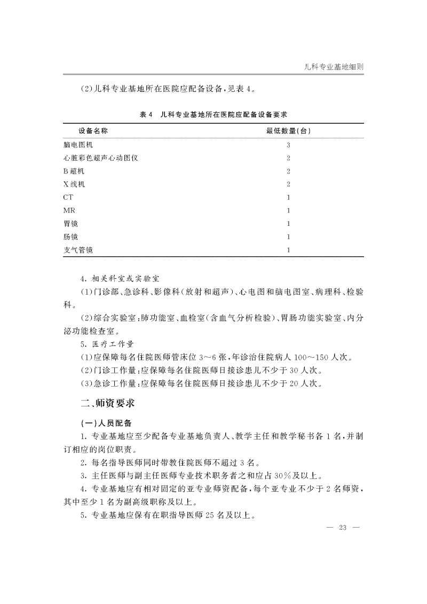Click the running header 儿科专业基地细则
coord(333,66)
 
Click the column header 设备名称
coord(86,131)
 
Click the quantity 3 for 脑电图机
coord(288,145)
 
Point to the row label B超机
coord(73,171)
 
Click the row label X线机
coord(73,185)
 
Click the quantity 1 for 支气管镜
coord(288,250)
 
